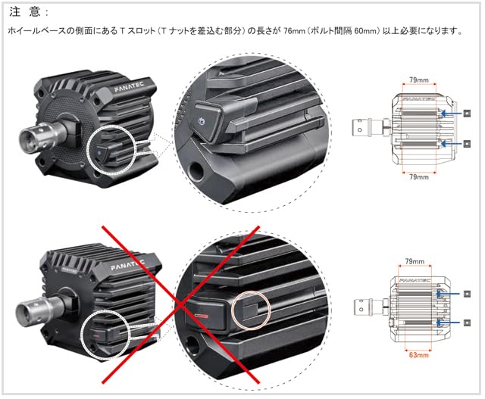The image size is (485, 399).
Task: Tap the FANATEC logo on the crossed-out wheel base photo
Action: [x=124, y=267]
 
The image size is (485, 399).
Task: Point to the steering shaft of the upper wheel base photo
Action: [x=28, y=139]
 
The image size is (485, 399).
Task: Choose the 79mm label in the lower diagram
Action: [x=415, y=261]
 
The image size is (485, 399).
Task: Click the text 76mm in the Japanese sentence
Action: [x=293, y=31]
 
